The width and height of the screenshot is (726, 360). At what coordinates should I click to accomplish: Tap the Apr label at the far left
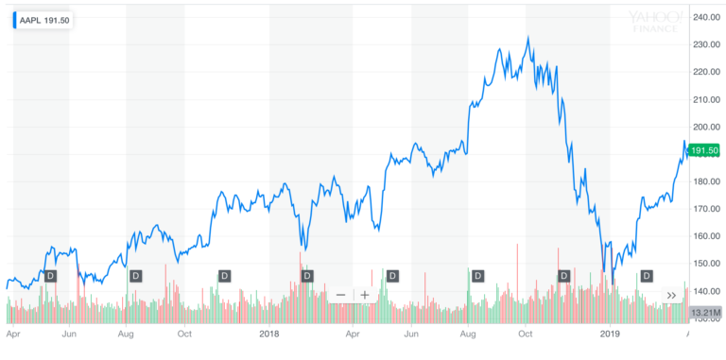click(12, 334)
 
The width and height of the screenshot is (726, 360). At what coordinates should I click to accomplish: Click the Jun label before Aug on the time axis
click(69, 334)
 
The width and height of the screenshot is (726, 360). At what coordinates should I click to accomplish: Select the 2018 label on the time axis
click(270, 334)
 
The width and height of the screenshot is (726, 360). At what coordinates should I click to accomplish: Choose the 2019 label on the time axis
click(611, 334)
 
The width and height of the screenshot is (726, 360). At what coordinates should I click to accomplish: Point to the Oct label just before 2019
click(526, 334)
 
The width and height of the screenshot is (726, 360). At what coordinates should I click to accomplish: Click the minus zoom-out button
click(340, 295)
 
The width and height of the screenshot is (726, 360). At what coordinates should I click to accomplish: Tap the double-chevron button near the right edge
click(672, 295)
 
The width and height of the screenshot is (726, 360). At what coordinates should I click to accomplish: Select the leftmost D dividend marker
click(51, 276)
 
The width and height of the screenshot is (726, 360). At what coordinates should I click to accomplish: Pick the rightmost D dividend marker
click(648, 276)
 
